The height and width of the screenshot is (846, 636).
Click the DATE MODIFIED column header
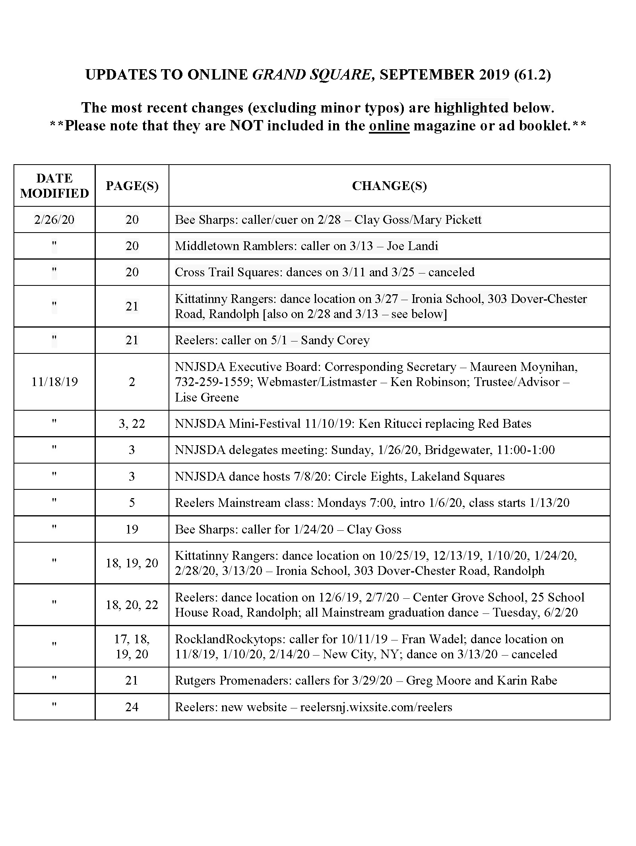tap(54, 185)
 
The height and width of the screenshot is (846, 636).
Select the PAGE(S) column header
tap(132, 186)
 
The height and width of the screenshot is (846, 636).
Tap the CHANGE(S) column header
tap(389, 186)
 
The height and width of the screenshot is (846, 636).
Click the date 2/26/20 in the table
tap(54, 219)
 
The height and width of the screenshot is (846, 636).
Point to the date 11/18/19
tap(54, 382)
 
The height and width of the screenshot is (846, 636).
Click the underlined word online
tap(389, 126)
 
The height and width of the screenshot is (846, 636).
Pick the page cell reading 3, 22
tap(132, 423)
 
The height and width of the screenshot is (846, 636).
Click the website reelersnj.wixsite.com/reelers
tap(376, 707)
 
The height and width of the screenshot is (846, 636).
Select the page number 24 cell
tap(132, 707)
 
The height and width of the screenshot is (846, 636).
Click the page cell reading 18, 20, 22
tap(132, 605)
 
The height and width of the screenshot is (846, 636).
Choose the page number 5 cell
tap(132, 503)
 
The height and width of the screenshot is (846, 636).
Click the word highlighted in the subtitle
tap(471, 108)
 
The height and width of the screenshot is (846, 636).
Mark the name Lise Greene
tap(207, 397)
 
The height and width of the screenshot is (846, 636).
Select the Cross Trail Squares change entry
tap(324, 272)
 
